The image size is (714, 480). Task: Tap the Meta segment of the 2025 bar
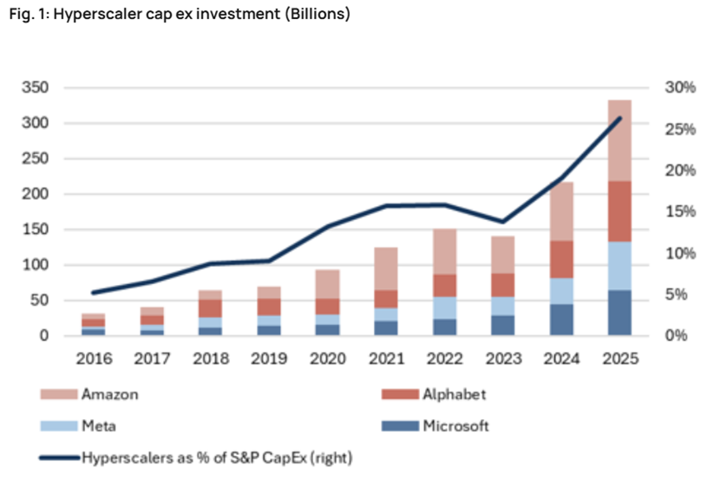[620, 266]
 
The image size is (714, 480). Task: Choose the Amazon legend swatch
[58, 394]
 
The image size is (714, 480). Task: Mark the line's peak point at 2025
[619, 118]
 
